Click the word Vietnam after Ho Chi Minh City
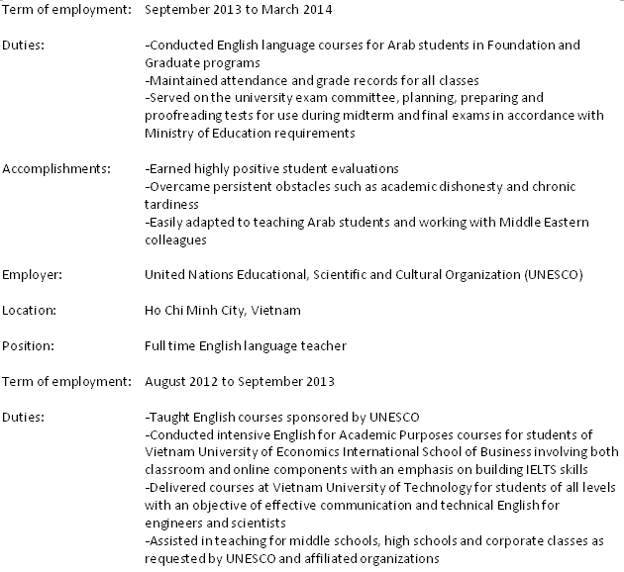(x=277, y=310)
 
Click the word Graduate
(x=169, y=61)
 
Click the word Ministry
(x=168, y=133)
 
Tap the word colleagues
(x=175, y=238)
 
